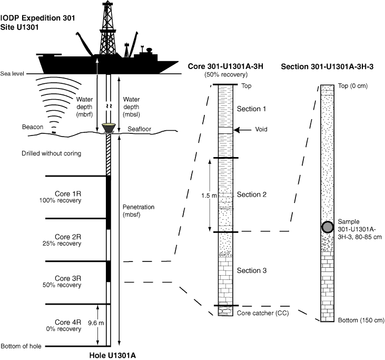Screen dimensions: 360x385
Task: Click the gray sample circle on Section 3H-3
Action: (327, 227)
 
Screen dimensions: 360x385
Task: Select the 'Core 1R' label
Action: (67, 193)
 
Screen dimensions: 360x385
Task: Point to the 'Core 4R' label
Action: (67, 322)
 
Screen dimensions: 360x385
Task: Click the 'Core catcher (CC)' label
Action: (261, 313)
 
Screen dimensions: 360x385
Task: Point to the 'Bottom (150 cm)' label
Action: (361, 320)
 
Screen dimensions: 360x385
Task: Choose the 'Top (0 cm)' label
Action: (353, 85)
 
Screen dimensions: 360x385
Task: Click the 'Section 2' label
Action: (252, 194)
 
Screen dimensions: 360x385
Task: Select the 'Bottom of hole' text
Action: (21, 346)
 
